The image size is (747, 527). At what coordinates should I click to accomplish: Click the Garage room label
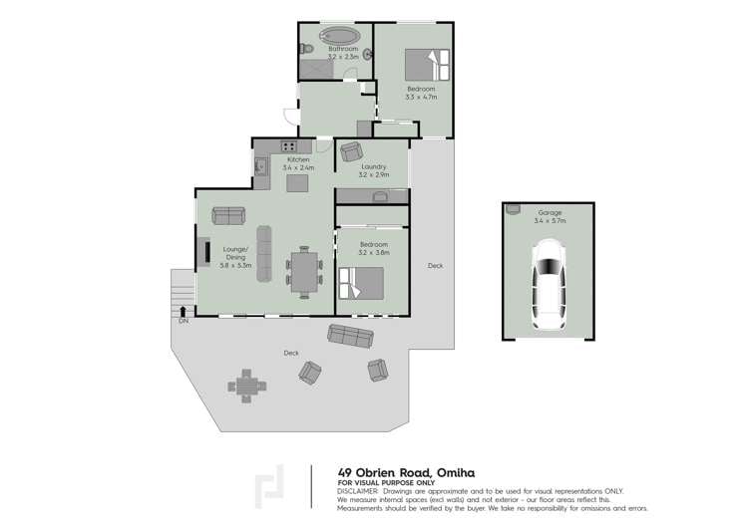tap(551, 213)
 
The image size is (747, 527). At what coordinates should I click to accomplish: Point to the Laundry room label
tap(374, 167)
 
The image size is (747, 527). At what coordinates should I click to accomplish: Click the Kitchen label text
tap(299, 159)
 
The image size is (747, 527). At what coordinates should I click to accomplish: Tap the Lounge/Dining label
tap(234, 253)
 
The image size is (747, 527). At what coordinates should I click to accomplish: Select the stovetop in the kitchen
tap(274, 149)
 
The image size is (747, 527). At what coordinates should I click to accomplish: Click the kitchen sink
tap(260, 166)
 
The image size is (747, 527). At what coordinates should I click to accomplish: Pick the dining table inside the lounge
tap(304, 272)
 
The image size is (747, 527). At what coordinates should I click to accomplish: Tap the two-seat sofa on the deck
tap(351, 336)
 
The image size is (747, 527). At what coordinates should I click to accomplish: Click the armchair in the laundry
tap(350, 151)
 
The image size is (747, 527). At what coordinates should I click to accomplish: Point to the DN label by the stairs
tap(184, 322)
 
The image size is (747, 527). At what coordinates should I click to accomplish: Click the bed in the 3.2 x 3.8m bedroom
tap(360, 283)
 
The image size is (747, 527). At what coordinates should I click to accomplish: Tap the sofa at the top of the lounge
tap(228, 214)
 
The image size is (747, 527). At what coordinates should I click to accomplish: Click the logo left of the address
tap(270, 485)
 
